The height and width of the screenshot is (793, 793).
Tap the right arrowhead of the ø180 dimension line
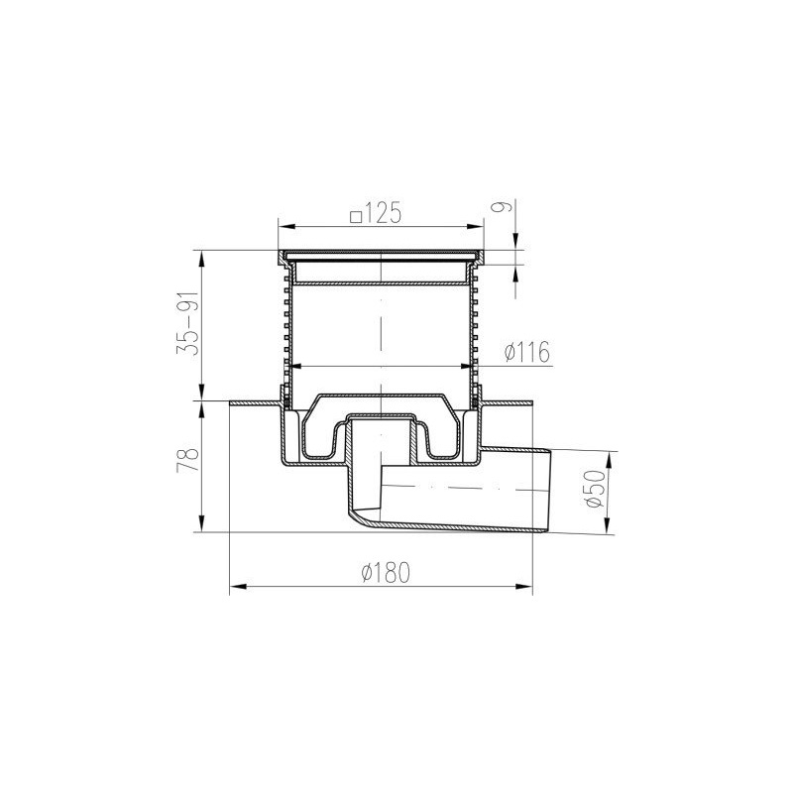click(527, 588)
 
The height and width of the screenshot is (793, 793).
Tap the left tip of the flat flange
click(231, 402)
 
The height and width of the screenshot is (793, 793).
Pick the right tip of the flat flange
click(531, 402)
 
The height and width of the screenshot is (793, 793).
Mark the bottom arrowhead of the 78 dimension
click(203, 526)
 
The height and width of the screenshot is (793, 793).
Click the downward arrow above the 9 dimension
click(515, 244)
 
